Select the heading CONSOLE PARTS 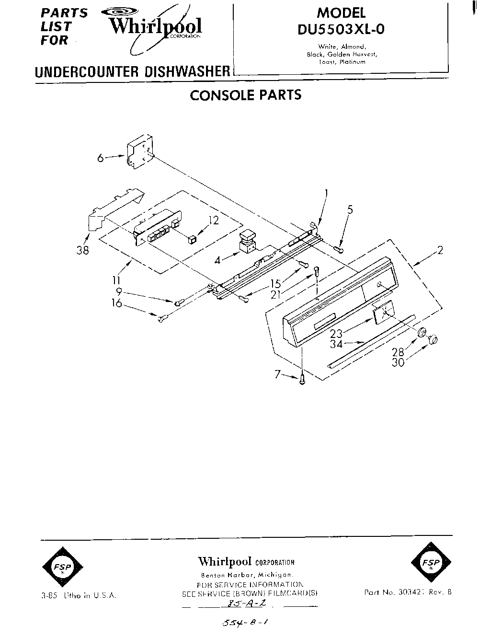[x=246, y=95]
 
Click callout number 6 [x=100, y=158]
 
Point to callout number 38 [x=83, y=250]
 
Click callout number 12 [x=213, y=220]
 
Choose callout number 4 [x=218, y=260]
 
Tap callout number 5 [x=350, y=209]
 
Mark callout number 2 [x=440, y=250]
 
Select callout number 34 [x=336, y=344]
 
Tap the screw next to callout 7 [x=302, y=380]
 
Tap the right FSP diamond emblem [x=431, y=562]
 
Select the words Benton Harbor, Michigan [x=247, y=575]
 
